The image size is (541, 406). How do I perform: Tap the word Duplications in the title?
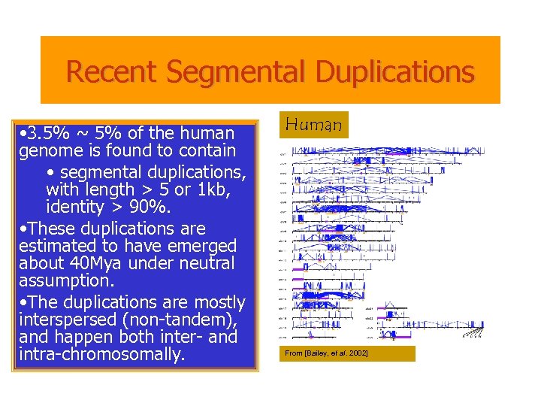click(395, 72)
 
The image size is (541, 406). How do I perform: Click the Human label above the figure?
click(314, 125)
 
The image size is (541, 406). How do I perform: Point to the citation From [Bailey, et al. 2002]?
click(326, 353)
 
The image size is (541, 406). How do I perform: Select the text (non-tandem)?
click(174, 320)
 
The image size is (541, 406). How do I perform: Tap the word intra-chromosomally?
click(101, 354)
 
